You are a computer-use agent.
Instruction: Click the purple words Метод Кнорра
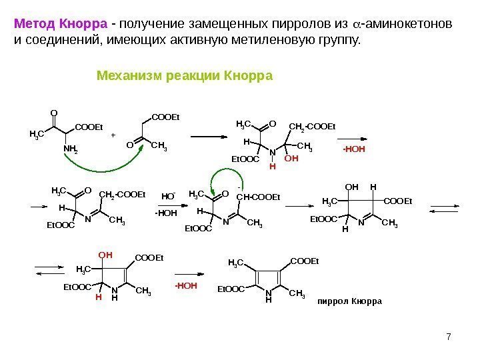point(61,25)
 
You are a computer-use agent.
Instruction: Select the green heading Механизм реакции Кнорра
point(185,75)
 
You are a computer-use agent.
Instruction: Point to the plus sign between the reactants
point(113,135)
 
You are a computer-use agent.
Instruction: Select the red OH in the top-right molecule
point(291,159)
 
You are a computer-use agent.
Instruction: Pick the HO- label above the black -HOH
point(168,197)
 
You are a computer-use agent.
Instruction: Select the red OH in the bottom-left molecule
point(104,255)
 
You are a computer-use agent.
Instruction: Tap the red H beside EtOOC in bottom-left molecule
point(98,298)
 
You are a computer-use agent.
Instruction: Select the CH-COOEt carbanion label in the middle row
point(259,196)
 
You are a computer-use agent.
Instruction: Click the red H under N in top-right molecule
point(272,167)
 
